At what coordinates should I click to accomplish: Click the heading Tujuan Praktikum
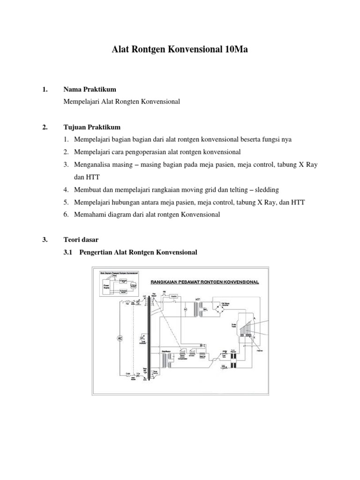[x=92, y=127]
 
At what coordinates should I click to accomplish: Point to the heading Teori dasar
[x=81, y=240]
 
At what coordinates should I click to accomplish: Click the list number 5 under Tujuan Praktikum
[x=67, y=202]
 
